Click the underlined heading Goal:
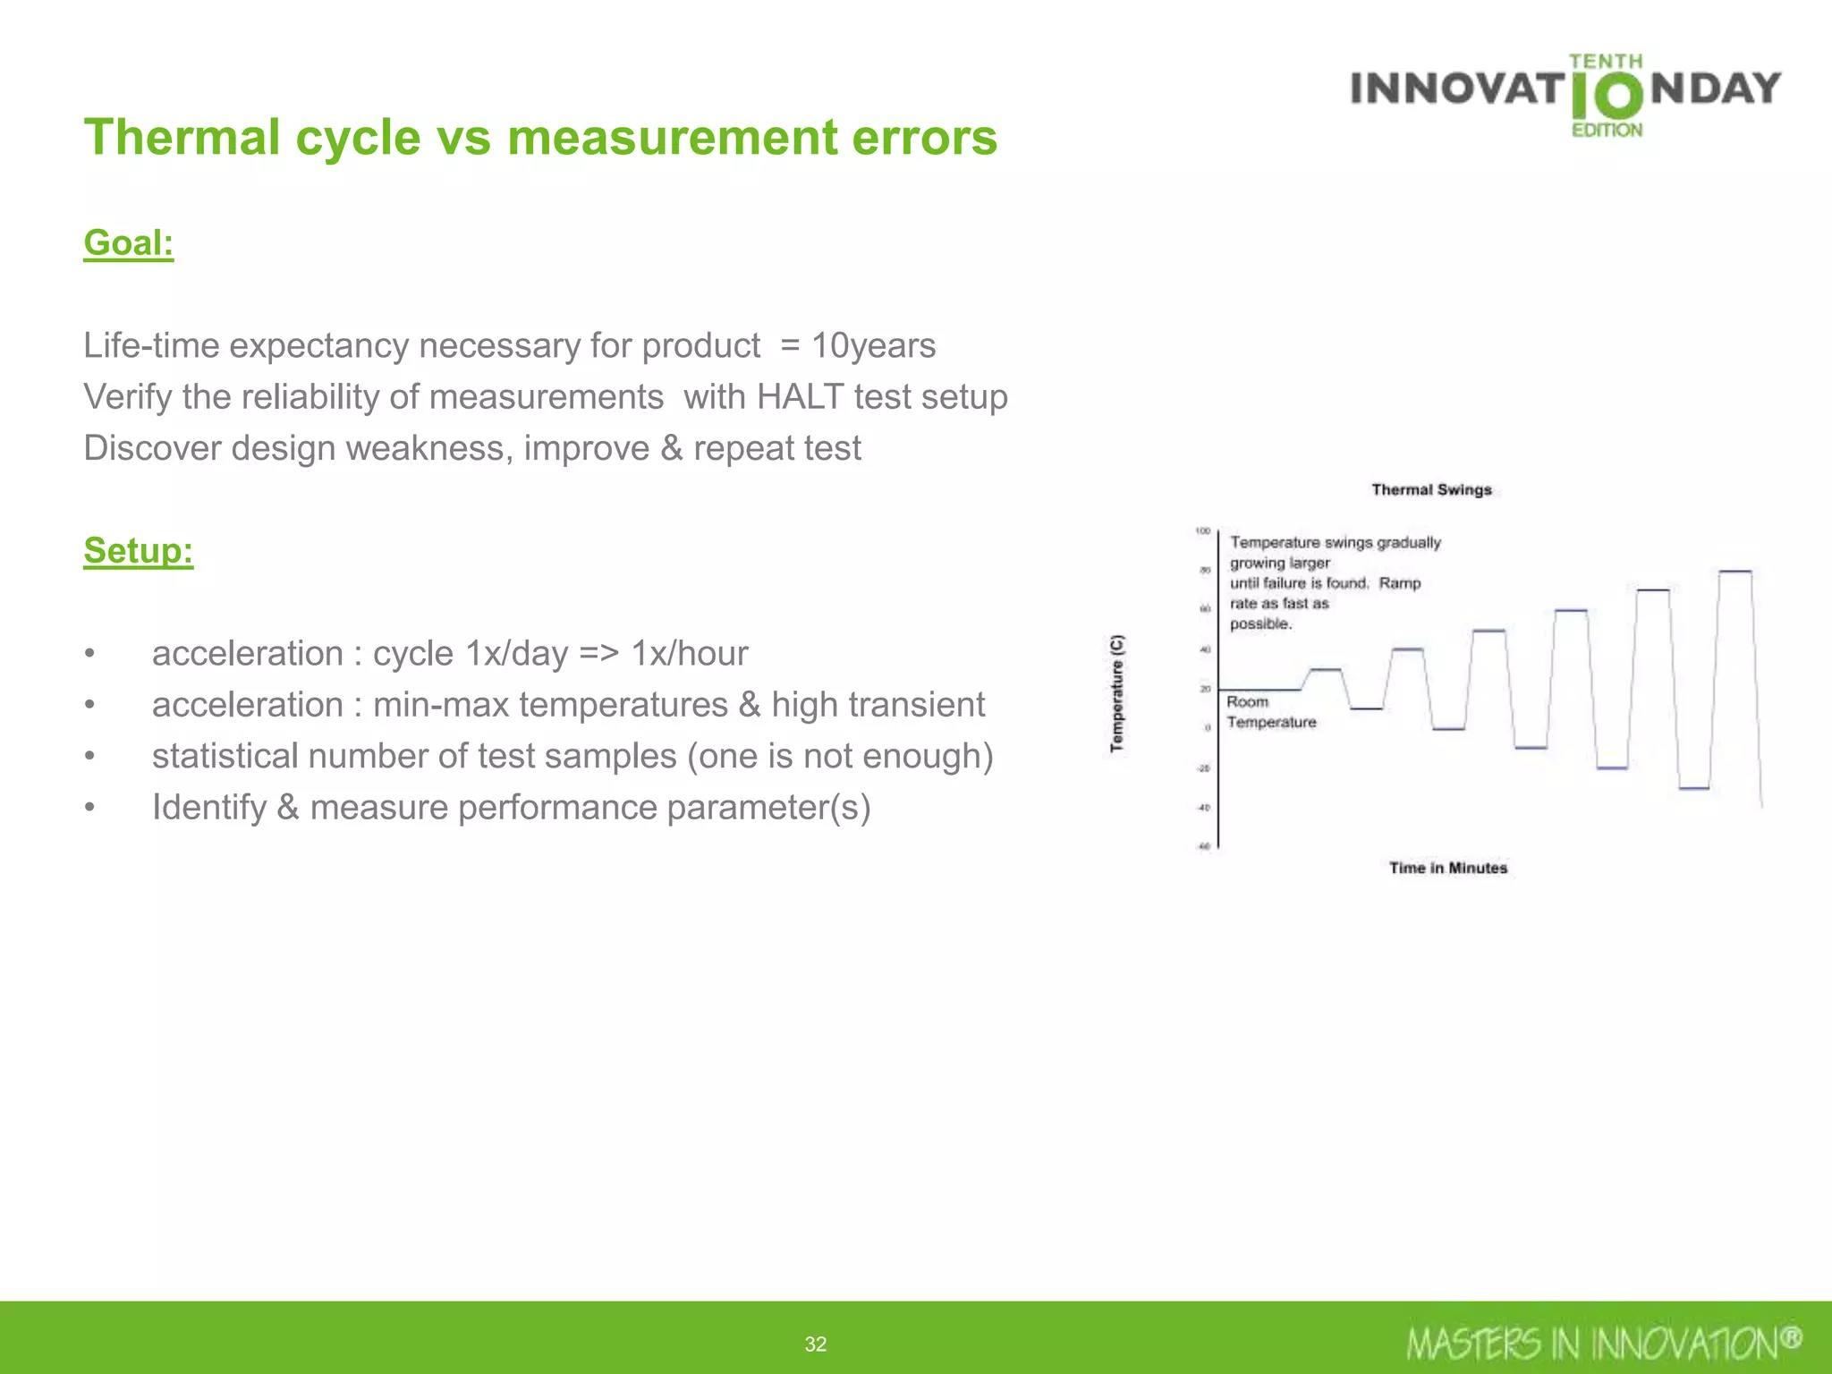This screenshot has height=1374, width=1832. click(x=128, y=243)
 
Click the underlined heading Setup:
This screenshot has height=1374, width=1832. click(x=138, y=551)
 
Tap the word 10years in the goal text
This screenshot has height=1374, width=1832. click(x=873, y=346)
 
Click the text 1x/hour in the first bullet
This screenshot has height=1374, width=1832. click(x=689, y=654)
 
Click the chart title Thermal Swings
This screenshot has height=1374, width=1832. click(x=1431, y=490)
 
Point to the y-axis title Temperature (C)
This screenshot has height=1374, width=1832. click(x=1117, y=693)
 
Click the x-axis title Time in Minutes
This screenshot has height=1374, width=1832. click(x=1447, y=868)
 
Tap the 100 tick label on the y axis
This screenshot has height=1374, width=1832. click(x=1202, y=531)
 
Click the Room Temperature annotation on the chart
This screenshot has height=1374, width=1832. click(x=1270, y=712)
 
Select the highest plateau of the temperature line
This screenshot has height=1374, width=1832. click(x=1734, y=571)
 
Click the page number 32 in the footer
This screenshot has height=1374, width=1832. click(x=815, y=1344)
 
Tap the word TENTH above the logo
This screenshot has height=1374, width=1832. click(x=1605, y=62)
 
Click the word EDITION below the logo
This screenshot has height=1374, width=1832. click(x=1607, y=131)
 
